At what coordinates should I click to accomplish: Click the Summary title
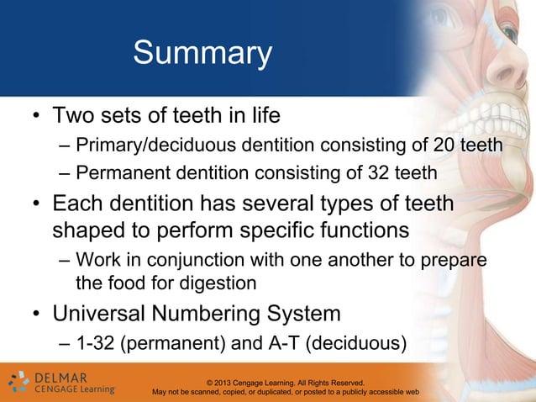pos(202,55)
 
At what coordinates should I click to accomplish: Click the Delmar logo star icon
pos(18,382)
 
